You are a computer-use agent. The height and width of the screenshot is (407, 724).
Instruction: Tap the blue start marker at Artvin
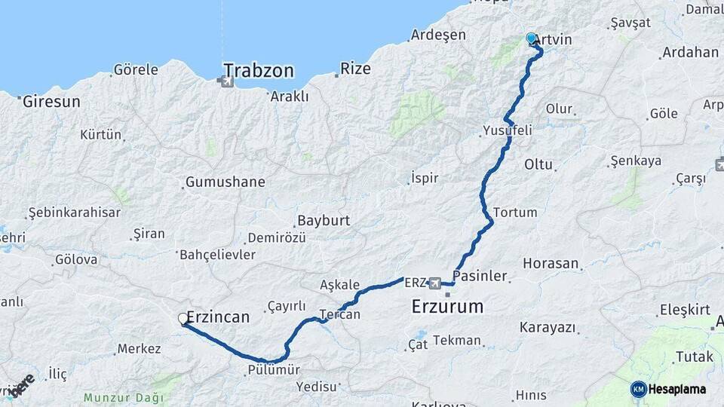click(x=531, y=38)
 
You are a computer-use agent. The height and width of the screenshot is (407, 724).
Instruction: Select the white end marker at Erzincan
click(x=183, y=319)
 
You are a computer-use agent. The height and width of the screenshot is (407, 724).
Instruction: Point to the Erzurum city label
click(x=447, y=306)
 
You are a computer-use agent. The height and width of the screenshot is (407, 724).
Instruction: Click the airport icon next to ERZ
click(x=435, y=283)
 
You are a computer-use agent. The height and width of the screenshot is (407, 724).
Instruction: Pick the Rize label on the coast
click(x=355, y=69)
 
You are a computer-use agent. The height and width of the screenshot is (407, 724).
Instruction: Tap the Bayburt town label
click(x=324, y=221)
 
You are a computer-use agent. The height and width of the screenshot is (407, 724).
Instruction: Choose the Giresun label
click(x=51, y=100)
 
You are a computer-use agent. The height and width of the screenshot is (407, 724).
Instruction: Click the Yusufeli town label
click(x=508, y=130)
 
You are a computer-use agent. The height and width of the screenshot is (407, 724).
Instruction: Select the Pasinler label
click(x=480, y=276)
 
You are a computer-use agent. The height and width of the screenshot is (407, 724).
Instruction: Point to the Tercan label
click(x=339, y=314)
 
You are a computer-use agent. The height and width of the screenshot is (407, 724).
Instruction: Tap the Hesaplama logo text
click(x=677, y=389)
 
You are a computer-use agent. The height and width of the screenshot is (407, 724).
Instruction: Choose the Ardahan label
click(x=689, y=53)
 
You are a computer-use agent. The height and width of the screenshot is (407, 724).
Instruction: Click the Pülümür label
click(x=274, y=370)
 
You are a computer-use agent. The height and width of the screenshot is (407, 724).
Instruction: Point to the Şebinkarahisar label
click(x=74, y=212)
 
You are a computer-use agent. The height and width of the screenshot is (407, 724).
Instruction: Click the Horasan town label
click(x=551, y=264)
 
